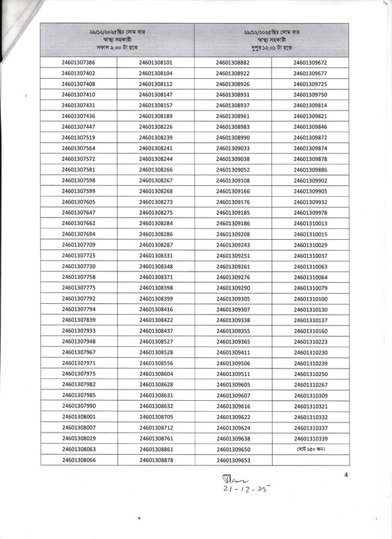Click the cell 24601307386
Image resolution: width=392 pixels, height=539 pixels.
(78, 63)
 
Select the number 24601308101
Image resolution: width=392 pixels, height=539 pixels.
(156, 63)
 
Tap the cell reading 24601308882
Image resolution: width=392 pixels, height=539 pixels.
(233, 63)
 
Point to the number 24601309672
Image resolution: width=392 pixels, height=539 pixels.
(311, 63)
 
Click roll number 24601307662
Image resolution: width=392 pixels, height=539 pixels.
(78, 223)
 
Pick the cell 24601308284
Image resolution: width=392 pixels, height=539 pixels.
(156, 223)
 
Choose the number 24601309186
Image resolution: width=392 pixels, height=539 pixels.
(233, 223)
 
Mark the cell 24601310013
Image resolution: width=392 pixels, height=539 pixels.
(311, 223)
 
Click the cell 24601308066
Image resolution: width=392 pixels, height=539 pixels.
(78, 459)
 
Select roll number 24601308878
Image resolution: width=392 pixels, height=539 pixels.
(156, 459)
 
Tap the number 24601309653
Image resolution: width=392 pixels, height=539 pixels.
(233, 459)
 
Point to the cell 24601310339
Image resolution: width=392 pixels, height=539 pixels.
(311, 438)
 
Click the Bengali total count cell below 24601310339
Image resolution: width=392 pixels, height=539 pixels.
(311, 449)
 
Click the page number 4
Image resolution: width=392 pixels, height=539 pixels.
(346, 475)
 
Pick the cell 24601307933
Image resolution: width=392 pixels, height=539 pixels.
(78, 331)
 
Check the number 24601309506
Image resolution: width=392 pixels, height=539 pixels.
(233, 363)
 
